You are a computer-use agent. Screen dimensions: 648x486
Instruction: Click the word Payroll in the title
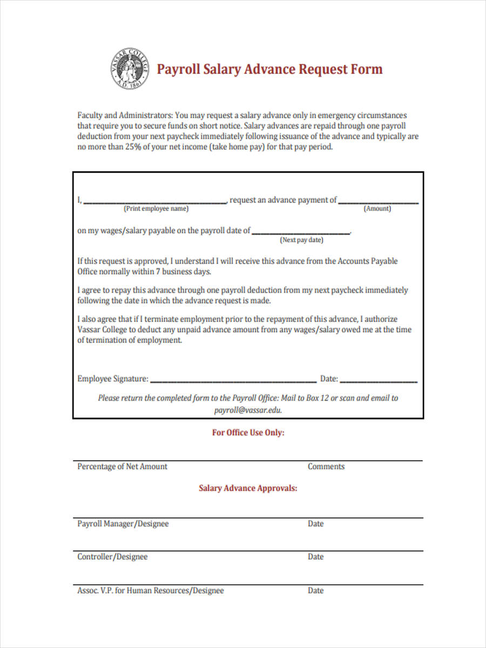178,70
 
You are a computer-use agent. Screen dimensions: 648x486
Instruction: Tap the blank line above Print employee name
155,202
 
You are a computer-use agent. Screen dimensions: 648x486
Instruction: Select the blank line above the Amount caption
378,202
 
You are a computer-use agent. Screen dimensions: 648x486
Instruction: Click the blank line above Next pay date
301,233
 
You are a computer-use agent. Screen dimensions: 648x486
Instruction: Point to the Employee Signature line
233,381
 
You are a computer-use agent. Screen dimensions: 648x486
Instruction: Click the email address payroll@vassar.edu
248,410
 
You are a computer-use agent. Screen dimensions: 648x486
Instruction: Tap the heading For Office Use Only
248,433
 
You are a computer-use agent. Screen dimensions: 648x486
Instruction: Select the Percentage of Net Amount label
123,467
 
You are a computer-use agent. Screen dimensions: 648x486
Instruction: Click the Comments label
326,467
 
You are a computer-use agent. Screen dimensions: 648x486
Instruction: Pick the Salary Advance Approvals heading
248,488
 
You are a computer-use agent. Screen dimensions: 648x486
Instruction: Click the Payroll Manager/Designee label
123,524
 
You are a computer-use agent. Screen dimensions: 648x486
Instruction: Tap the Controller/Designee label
112,557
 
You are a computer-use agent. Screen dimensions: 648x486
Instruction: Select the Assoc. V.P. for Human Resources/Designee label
151,591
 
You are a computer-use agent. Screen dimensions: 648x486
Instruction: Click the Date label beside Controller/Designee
316,557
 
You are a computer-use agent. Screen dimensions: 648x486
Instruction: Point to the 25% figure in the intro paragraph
133,147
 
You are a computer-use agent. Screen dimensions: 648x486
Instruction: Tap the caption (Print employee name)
157,209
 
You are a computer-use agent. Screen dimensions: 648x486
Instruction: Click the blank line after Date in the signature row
379,381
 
